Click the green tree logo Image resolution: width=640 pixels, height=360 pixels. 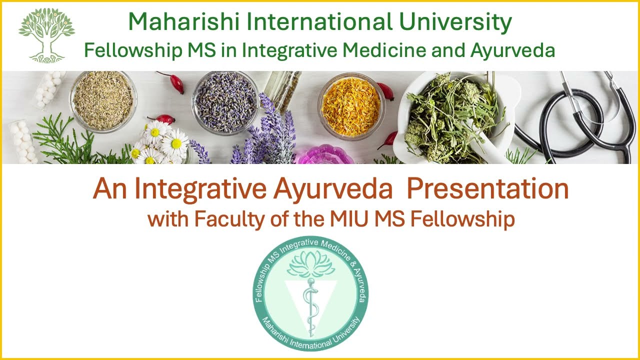(46, 35)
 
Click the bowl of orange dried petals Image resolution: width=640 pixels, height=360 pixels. (351, 106)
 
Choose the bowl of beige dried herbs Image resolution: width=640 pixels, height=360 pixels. (103, 100)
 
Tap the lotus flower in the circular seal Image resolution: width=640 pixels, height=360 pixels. (310, 263)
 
